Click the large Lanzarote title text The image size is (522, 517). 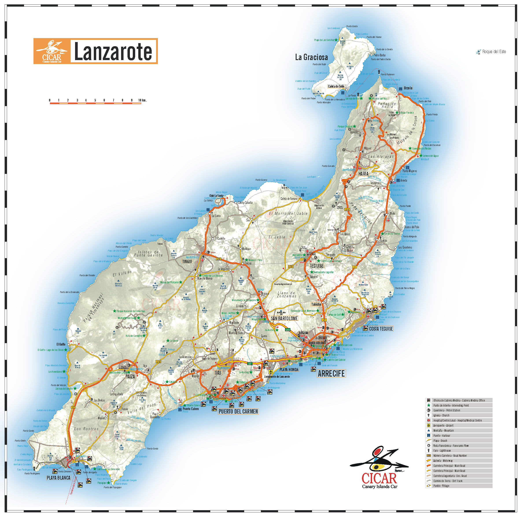point(113,51)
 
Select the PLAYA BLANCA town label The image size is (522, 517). point(58,478)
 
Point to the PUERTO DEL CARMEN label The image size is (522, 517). point(238,411)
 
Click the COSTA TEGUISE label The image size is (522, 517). point(381,329)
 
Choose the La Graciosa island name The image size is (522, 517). point(311,57)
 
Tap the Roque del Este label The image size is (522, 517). point(494,52)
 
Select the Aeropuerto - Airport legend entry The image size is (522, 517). point(443,425)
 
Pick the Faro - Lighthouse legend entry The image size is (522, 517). point(442,451)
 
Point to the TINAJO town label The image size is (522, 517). point(187,261)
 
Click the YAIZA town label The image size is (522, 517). point(130,377)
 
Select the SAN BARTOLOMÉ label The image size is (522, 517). point(284,318)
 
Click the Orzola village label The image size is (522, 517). point(408,88)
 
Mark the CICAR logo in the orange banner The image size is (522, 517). point(52,51)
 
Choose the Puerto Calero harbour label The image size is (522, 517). point(190,409)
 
